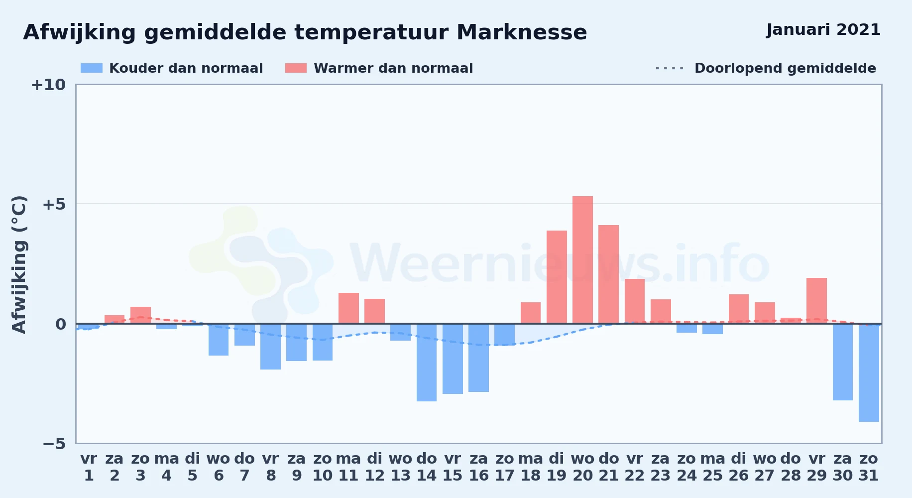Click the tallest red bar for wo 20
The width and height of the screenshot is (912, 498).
582,260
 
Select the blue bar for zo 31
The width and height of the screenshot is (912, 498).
869,373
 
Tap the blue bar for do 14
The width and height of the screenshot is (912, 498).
427,363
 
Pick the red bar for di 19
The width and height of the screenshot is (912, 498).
557,277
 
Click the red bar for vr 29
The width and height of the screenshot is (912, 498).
816,301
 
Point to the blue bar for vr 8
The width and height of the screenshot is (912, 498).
270,347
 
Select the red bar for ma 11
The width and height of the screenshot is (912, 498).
348,308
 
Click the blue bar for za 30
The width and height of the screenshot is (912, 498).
843,362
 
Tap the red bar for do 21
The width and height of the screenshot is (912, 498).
608,274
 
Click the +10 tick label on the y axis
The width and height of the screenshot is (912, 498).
48,85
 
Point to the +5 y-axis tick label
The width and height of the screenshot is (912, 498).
54,204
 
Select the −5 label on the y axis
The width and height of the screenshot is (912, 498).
54,443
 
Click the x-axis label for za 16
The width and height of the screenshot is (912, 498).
478,467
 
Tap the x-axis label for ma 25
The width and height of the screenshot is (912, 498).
712,467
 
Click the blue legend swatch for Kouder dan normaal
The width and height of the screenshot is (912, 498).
92,68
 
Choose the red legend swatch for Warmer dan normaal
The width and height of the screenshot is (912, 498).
296,68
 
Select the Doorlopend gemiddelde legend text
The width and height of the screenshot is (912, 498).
785,68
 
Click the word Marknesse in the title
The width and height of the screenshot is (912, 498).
522,32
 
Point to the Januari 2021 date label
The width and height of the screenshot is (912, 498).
823,30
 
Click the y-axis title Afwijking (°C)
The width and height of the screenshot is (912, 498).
19,264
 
